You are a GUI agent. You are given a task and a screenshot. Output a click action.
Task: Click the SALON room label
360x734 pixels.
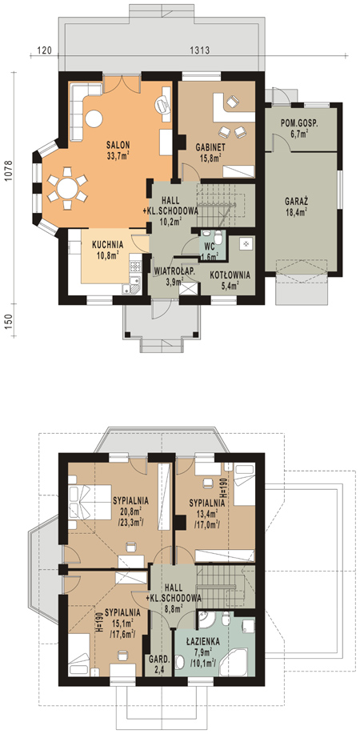tap(118, 145)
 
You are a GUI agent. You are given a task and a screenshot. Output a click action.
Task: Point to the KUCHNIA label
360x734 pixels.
tap(108, 244)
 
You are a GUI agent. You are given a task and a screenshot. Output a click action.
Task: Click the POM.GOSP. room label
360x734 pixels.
tap(299, 123)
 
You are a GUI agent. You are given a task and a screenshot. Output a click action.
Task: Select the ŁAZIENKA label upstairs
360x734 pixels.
tap(202, 642)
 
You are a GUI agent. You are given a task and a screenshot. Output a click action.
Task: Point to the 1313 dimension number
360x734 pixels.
tap(198, 50)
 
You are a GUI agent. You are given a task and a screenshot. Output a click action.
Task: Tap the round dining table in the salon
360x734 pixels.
tap(67, 189)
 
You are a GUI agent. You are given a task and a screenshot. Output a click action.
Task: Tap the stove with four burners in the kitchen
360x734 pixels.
tap(135, 266)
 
